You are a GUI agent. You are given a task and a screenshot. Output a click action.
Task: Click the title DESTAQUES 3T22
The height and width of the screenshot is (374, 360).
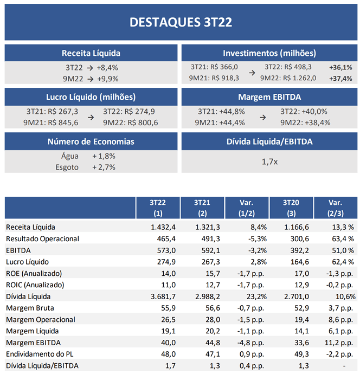click(x=181, y=22)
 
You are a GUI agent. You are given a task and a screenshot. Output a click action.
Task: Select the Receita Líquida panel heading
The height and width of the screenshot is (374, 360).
click(x=91, y=53)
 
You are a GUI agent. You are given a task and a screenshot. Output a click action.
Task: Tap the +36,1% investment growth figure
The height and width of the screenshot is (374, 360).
click(x=340, y=68)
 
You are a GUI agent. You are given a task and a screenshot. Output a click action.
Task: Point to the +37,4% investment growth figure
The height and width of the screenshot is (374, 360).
click(x=340, y=79)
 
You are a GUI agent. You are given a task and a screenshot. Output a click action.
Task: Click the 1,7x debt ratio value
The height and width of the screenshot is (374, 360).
click(x=269, y=162)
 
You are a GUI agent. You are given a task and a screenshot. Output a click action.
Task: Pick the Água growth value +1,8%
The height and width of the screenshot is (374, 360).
click(x=104, y=156)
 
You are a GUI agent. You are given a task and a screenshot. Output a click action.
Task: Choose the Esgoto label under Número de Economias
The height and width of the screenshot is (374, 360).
click(x=67, y=167)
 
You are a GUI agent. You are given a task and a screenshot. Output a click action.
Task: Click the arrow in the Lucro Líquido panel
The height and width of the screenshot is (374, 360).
click(x=91, y=118)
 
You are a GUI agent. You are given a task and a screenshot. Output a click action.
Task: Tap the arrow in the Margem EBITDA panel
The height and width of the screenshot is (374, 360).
click(x=262, y=118)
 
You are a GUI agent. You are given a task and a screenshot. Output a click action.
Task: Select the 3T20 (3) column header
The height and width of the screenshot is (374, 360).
click(x=291, y=208)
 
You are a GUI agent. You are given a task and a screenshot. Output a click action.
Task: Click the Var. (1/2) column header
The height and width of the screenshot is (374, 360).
click(x=247, y=208)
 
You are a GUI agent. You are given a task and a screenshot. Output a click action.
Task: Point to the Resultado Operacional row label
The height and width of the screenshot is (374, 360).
click(x=42, y=238)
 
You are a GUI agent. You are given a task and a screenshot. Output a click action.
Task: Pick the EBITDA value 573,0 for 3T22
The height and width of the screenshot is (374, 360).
click(x=166, y=250)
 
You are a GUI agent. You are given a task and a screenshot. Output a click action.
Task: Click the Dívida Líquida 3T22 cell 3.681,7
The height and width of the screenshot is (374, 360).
click(x=163, y=296)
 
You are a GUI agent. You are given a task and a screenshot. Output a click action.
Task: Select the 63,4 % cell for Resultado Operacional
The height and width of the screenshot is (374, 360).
click(x=343, y=238)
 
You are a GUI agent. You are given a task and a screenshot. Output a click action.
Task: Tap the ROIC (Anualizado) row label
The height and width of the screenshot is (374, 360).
click(x=35, y=285)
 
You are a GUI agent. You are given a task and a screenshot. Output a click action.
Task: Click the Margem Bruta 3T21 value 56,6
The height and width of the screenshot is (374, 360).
click(x=213, y=308)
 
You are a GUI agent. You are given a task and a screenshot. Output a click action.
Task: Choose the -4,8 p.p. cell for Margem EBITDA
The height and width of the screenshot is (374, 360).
click(x=250, y=343)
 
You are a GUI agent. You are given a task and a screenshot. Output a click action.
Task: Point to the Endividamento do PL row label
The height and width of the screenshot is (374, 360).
click(x=40, y=354)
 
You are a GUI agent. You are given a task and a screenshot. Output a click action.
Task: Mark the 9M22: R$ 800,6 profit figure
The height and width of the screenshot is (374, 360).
click(x=131, y=122)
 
